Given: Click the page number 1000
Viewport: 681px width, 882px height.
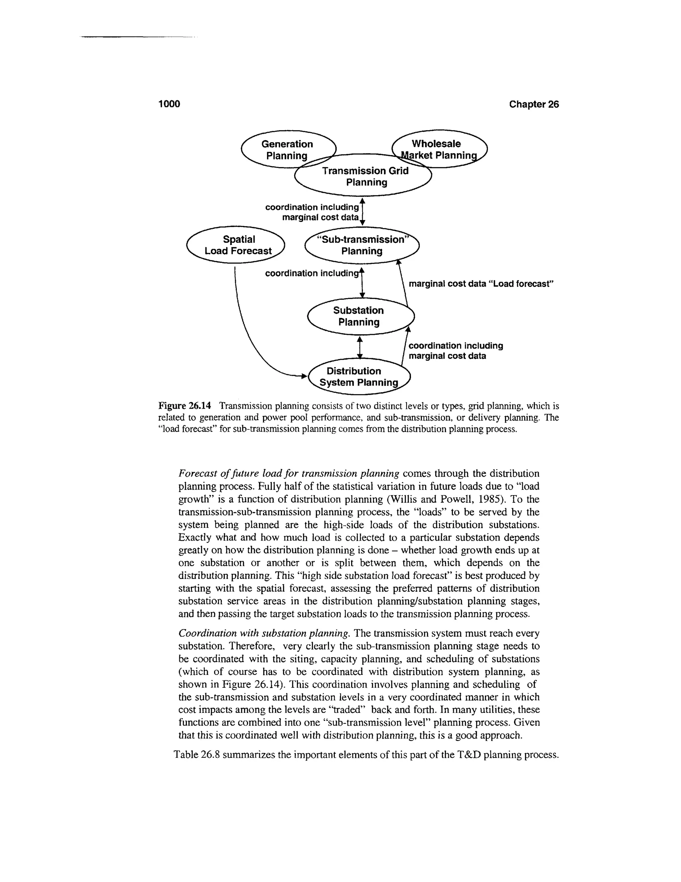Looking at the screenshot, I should (169, 104).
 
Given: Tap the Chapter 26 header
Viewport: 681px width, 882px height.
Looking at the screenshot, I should (533, 104).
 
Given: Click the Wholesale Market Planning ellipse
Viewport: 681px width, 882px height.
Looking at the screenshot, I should (439, 149).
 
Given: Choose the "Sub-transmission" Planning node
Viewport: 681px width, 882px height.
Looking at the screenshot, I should (362, 245).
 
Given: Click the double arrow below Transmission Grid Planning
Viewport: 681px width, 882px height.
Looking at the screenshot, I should (362, 212).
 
